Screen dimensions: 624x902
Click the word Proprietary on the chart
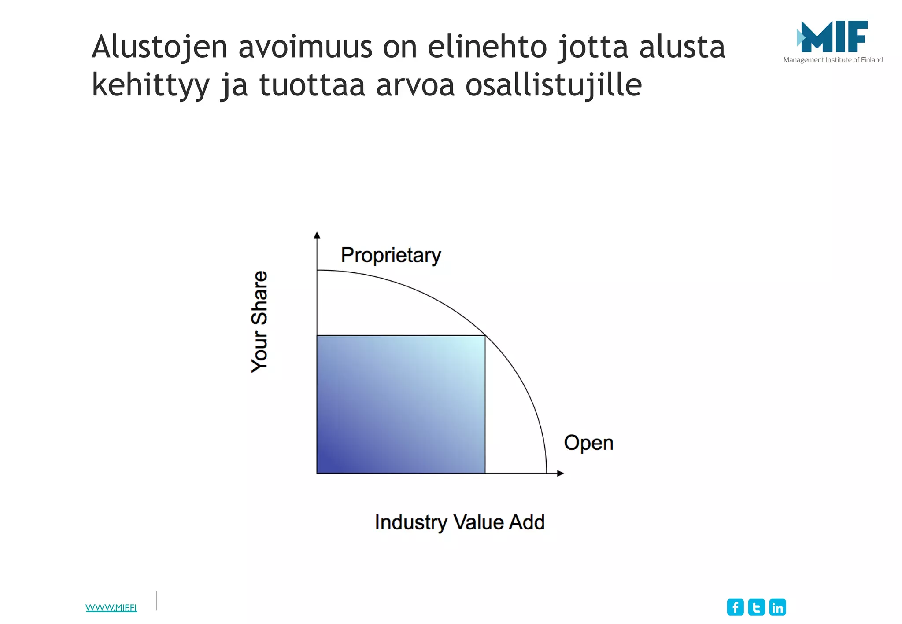click(x=391, y=255)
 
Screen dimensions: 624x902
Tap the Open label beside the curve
click(x=588, y=443)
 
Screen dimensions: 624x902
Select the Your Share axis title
click(x=259, y=322)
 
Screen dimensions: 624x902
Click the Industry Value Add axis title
click(x=460, y=523)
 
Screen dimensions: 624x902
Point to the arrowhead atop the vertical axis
click(x=317, y=235)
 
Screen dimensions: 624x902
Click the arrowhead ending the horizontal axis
click(x=560, y=474)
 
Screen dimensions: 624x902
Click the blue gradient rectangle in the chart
click(x=401, y=404)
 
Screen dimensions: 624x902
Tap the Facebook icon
click(x=735, y=607)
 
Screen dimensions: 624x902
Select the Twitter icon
click(x=756, y=607)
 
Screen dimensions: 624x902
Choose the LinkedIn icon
click(x=777, y=607)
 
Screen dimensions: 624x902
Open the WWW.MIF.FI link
click(x=111, y=608)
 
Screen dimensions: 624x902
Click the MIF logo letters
click(x=834, y=37)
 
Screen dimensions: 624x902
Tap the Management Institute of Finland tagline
click(x=833, y=60)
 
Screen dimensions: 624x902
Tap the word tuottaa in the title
click(x=312, y=85)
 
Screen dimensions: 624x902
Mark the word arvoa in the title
click(x=415, y=85)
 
